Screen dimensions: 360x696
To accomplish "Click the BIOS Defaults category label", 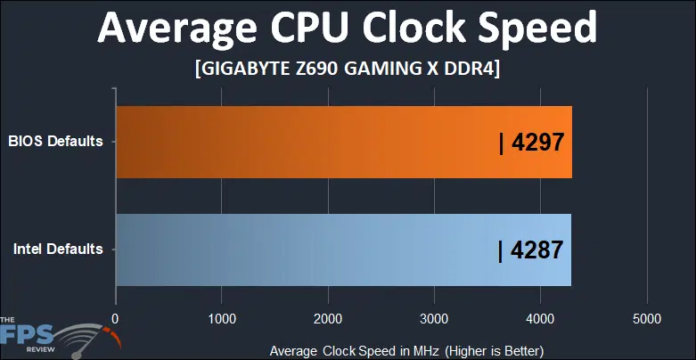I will click(x=55, y=141).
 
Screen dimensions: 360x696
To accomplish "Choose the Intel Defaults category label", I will click(x=57, y=249).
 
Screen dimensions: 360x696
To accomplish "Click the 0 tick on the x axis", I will click(x=115, y=318).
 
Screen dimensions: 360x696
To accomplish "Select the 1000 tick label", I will click(x=221, y=318).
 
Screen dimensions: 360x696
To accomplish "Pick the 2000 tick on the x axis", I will click(x=328, y=318).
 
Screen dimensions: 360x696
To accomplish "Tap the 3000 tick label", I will click(x=434, y=318).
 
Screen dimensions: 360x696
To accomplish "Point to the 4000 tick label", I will click(x=540, y=318).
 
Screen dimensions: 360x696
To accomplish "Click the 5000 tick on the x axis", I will click(x=646, y=318).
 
